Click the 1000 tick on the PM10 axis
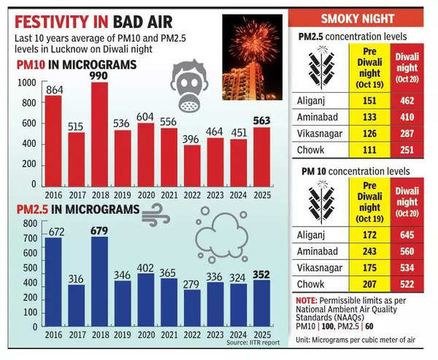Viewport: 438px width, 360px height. [26, 84]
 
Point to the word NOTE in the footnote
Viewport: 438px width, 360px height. [304, 300]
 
